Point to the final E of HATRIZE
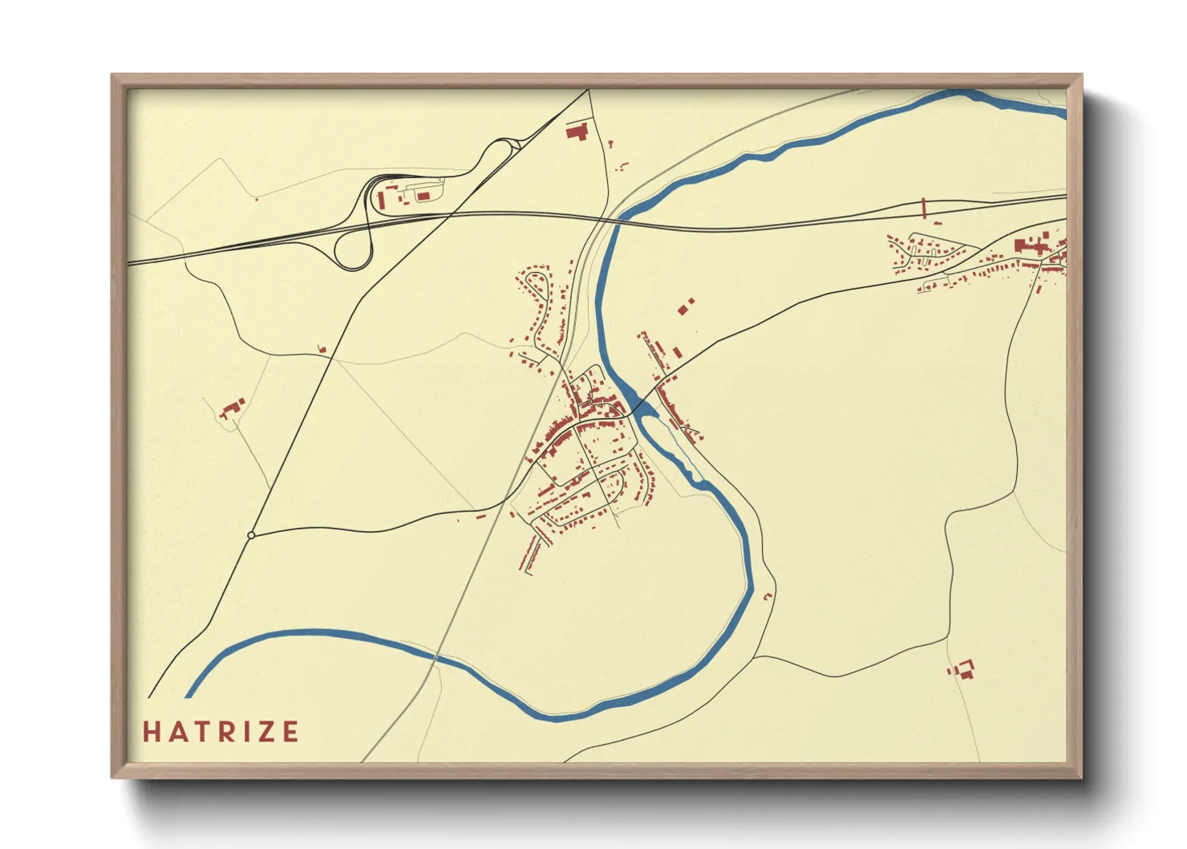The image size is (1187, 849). coord(290,732)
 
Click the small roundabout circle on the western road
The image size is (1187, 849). coord(251,535)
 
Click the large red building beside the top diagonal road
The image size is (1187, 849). coord(577,132)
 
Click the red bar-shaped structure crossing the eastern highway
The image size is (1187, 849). coord(924,208)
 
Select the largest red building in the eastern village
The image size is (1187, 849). coord(1021,246)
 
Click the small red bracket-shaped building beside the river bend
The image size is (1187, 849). coord(768,596)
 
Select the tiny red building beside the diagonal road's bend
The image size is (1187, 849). coord(322,349)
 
